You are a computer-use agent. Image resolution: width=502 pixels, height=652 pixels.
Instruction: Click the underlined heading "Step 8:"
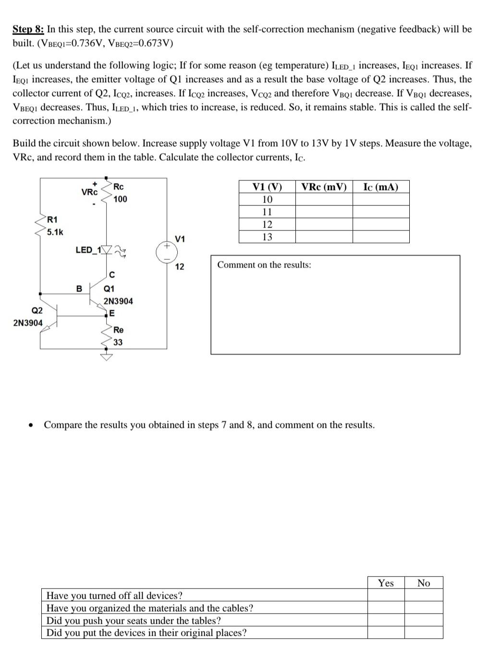point(28,29)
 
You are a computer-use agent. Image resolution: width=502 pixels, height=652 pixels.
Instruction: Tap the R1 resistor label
point(52,220)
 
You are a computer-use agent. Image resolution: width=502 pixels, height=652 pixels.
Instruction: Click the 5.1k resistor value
point(55,232)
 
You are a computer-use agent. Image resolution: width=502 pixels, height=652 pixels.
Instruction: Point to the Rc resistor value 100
point(120,199)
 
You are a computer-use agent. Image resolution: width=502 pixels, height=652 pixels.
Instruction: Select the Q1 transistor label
point(109,289)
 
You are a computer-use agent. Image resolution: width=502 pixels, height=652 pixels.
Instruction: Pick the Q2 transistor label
point(37,310)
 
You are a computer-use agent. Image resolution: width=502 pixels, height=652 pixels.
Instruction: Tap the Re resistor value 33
point(118,342)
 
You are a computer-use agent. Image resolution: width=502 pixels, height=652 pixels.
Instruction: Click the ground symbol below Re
point(107,357)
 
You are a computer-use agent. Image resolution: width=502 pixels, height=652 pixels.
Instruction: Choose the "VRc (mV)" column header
point(324,187)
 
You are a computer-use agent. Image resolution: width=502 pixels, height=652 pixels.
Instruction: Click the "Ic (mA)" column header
point(380,187)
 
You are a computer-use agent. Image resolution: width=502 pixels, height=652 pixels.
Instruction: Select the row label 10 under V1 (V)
point(267,200)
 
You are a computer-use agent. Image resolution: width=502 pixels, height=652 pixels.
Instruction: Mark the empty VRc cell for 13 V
point(324,237)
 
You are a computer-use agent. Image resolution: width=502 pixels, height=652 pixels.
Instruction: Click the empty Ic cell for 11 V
point(380,212)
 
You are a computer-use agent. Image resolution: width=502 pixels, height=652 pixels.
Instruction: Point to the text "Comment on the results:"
point(264,265)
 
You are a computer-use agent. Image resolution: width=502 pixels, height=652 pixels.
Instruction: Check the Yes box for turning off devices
point(386,595)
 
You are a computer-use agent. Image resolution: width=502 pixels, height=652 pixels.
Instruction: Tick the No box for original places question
point(423,632)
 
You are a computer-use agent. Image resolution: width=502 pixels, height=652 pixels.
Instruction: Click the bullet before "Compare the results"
point(31,425)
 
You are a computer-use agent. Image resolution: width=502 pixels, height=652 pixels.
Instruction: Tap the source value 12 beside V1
point(179,267)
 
